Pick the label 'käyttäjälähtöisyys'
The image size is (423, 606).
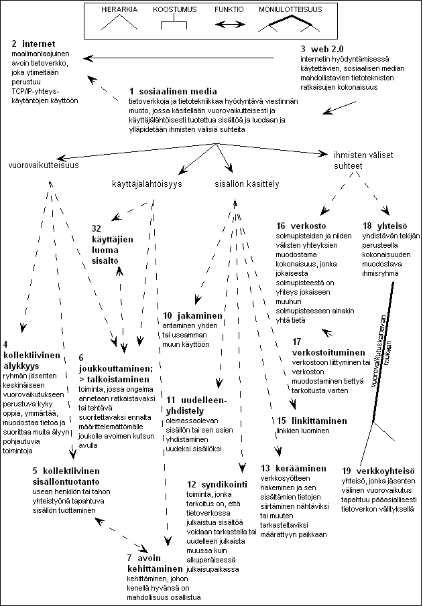[x=148, y=183]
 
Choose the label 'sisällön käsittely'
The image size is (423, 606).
[x=247, y=183]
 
